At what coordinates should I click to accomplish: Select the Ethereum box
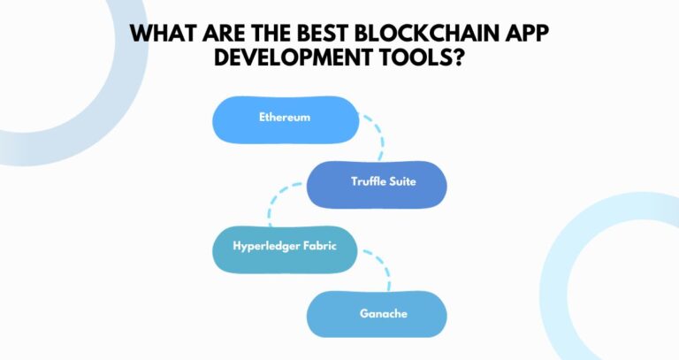click(x=285, y=119)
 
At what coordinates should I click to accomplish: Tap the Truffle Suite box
click(x=377, y=183)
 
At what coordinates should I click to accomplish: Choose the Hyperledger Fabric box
click(x=285, y=249)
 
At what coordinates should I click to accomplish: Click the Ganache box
click(x=377, y=313)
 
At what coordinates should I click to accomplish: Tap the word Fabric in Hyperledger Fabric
click(x=322, y=249)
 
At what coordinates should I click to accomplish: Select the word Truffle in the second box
click(x=366, y=182)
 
